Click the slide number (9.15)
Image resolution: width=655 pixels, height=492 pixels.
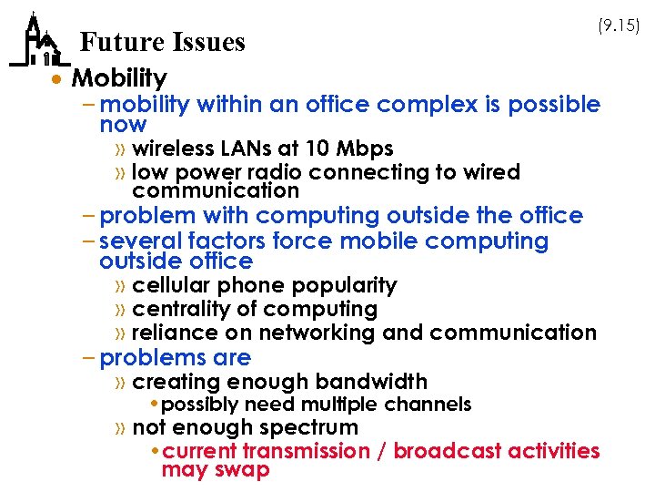click(618, 26)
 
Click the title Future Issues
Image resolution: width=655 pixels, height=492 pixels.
click(162, 42)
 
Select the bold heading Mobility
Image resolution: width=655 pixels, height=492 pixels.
click(119, 78)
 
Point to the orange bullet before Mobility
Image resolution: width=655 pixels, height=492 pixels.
click(58, 79)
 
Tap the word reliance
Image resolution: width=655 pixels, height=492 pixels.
click(168, 333)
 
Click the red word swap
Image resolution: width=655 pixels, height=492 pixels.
click(240, 470)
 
